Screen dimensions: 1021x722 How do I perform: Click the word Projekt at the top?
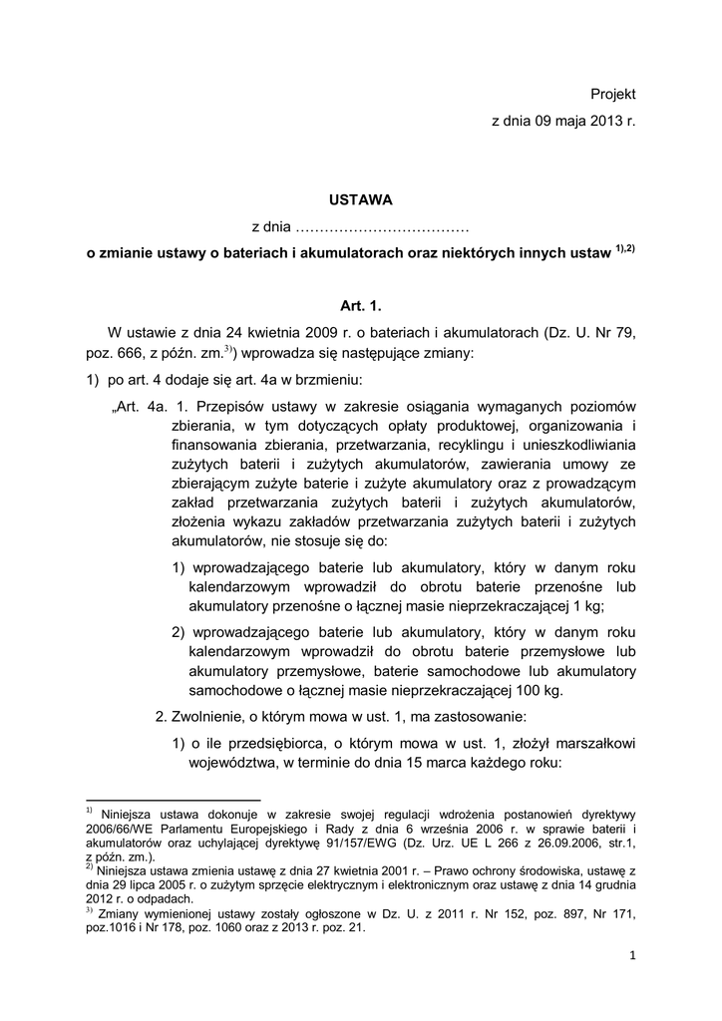coord(612,94)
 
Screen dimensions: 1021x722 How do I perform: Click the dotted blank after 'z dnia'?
coord(383,228)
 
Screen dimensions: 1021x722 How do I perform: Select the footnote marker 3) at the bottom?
coord(89,910)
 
